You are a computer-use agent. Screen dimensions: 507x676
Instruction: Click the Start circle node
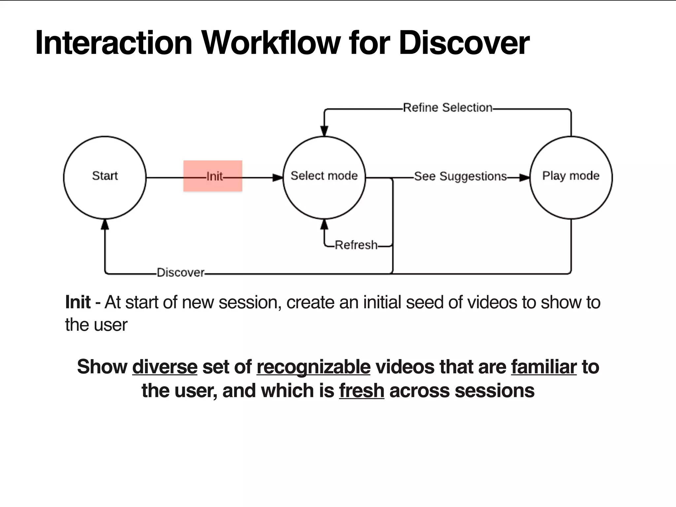(105, 177)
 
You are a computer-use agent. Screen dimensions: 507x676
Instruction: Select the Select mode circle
(324, 177)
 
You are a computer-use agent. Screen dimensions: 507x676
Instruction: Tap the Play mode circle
(571, 177)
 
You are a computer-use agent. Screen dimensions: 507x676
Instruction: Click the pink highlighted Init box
(213, 176)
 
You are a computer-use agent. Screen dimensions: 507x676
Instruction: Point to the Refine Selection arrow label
(447, 108)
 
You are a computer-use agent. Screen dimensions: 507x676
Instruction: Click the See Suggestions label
(460, 176)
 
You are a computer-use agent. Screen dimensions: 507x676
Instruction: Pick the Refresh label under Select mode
(356, 245)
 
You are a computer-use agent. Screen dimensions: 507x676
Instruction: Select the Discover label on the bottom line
(180, 273)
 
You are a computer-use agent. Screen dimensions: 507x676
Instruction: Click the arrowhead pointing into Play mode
(524, 178)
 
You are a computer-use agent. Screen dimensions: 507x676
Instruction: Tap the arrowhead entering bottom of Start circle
(105, 225)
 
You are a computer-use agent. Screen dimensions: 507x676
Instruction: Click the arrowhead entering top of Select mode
(324, 131)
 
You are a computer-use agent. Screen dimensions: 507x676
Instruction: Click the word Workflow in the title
(271, 43)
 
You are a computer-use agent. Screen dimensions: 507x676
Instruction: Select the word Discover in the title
(464, 43)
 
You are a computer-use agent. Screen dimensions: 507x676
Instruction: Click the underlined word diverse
(165, 367)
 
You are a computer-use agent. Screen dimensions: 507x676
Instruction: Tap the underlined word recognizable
(314, 367)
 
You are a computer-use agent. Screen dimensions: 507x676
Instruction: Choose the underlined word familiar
(544, 367)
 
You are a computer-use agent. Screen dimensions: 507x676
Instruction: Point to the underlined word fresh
(361, 390)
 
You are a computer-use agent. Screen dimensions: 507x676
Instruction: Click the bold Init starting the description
(78, 302)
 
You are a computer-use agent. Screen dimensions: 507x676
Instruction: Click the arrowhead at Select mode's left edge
(278, 178)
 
